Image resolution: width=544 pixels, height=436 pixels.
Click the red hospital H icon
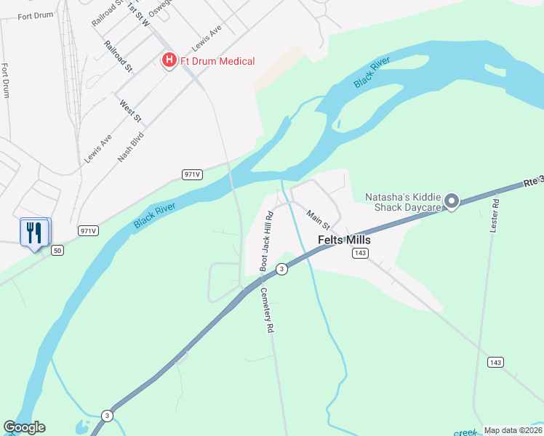point(169,60)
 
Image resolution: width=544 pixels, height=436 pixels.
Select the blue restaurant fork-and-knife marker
point(33,233)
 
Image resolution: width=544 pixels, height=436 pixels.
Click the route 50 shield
point(58,251)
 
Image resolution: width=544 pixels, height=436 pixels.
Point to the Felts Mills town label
point(345,241)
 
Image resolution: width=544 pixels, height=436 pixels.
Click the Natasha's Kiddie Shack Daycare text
point(403,202)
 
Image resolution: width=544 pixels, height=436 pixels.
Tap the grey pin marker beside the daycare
point(451,201)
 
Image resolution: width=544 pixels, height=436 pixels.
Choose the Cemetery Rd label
point(267,310)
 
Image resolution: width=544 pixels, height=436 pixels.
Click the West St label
point(131,112)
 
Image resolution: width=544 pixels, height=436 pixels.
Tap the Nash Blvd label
point(131,145)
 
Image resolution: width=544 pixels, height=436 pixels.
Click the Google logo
point(24,427)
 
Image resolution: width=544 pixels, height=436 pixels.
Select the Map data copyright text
point(513,430)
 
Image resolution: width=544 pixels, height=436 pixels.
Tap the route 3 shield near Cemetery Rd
point(281,269)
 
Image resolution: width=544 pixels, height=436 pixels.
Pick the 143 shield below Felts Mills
point(359,253)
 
